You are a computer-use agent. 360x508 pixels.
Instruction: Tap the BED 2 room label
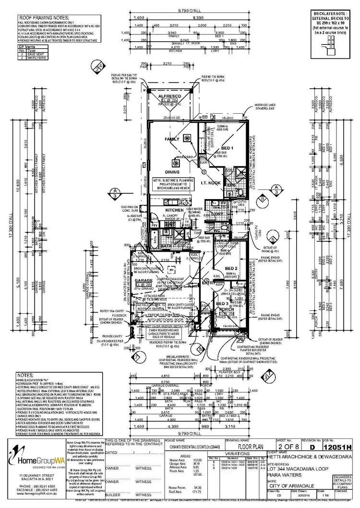231,268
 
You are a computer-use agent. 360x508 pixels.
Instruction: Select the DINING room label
172,171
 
